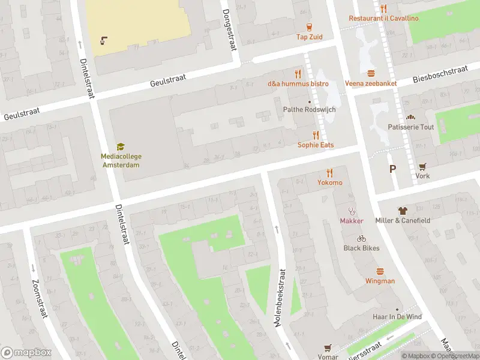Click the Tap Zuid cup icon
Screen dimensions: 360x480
[310, 26]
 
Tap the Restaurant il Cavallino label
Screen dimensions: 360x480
[384, 18]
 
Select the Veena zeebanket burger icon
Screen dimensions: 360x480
[371, 73]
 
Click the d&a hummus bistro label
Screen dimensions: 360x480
[298, 83]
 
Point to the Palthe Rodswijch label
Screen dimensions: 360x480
[309, 110]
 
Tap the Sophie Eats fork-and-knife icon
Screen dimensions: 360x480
[316, 135]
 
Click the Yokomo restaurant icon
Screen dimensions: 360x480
[329, 173]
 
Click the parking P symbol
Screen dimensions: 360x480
[392, 169]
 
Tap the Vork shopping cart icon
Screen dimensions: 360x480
[422, 166]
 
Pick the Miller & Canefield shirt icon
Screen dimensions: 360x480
[403, 211]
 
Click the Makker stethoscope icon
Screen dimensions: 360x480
[352, 211]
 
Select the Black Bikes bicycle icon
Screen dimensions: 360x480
[361, 238]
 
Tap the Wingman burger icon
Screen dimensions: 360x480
[380, 271]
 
